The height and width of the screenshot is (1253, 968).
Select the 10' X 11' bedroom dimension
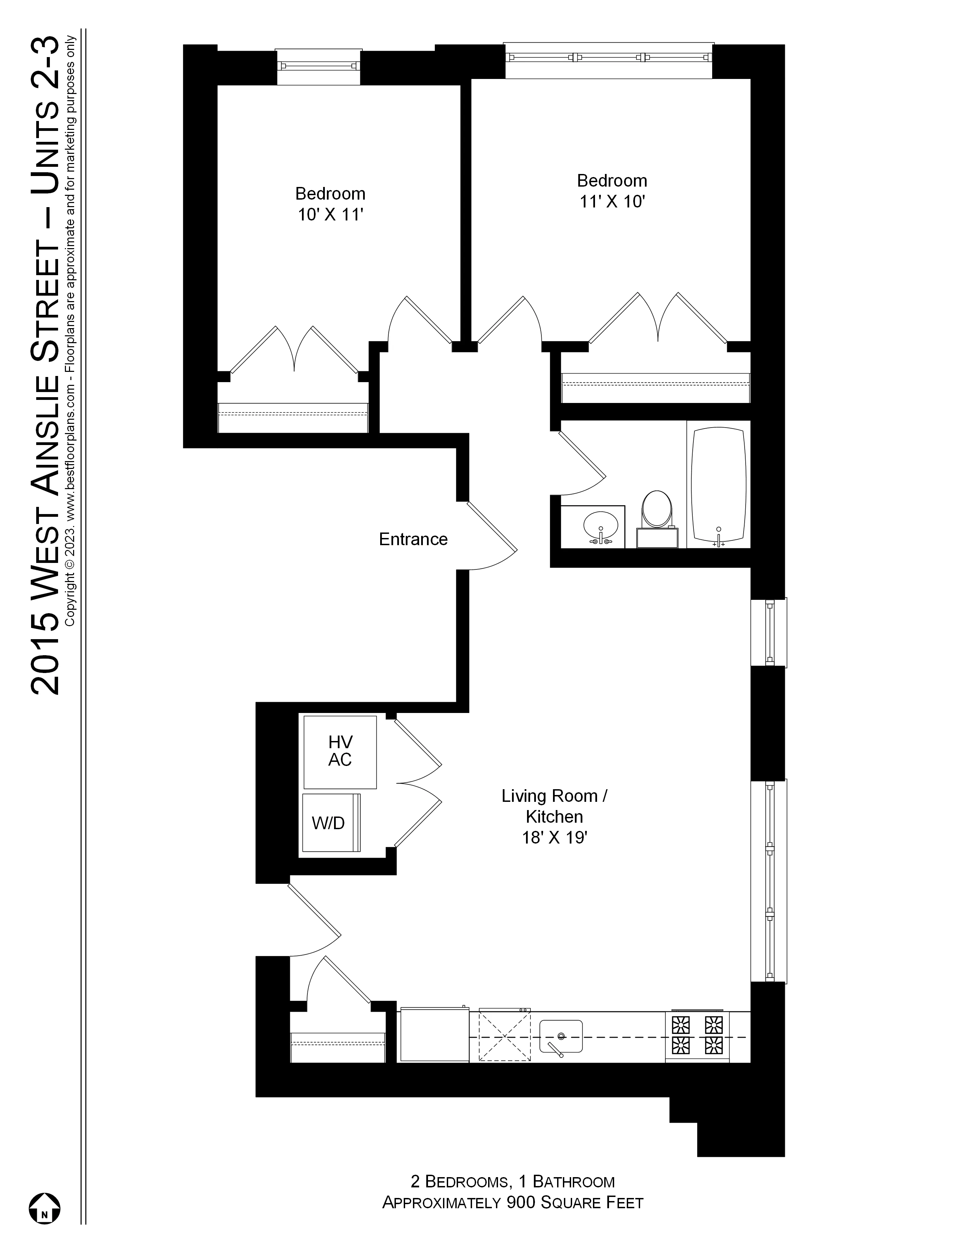[330, 215]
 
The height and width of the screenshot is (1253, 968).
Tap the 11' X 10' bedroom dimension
[612, 202]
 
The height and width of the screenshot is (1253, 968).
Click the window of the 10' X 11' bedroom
[318, 66]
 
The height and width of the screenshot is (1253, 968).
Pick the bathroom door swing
[582, 463]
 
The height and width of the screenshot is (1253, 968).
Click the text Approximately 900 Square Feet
[512, 1202]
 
